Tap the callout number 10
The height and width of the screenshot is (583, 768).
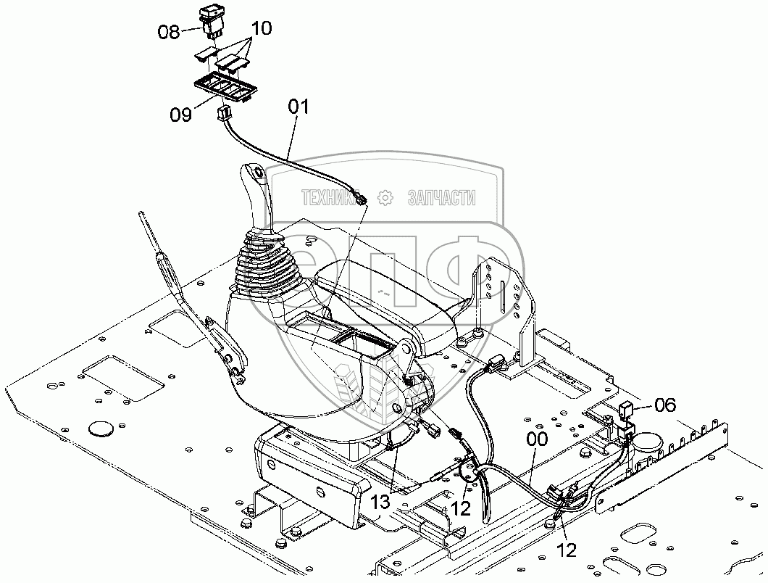coord(260,29)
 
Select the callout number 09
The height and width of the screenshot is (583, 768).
coord(181,115)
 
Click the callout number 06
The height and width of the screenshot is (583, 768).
coord(665,405)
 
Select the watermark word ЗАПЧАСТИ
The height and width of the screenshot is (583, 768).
coord(442,197)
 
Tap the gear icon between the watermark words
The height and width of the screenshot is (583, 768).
coord(385,197)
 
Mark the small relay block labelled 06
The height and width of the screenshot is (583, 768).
coord(626,412)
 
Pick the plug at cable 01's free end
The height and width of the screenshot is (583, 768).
coord(362,198)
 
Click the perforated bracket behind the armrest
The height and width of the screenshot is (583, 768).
coord(500,290)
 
